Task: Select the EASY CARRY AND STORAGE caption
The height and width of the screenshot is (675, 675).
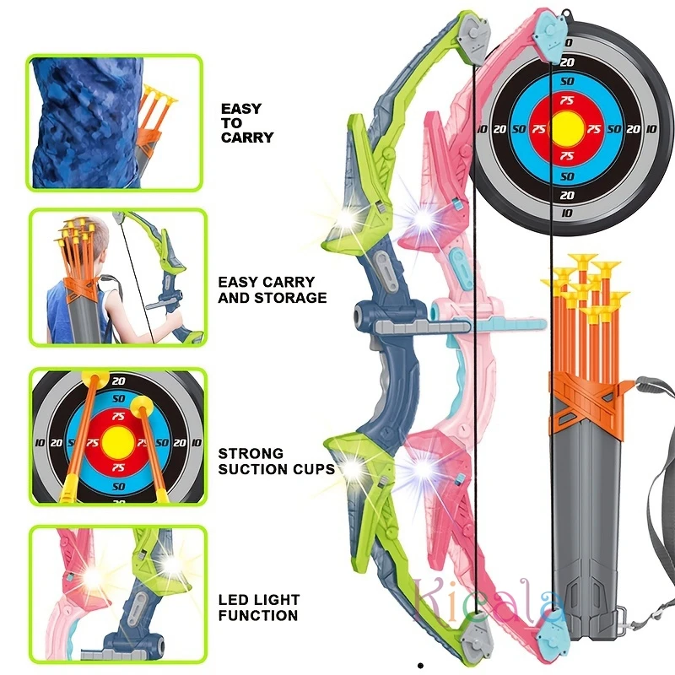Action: click(x=272, y=289)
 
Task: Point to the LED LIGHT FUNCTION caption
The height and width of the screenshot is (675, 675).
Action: click(x=259, y=607)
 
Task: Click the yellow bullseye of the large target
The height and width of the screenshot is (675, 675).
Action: click(x=566, y=128)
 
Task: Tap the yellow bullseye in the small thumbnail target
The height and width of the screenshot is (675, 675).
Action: click(x=118, y=440)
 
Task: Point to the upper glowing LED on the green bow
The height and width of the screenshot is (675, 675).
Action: click(x=348, y=218)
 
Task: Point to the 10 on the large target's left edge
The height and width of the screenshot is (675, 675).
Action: click(x=481, y=129)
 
